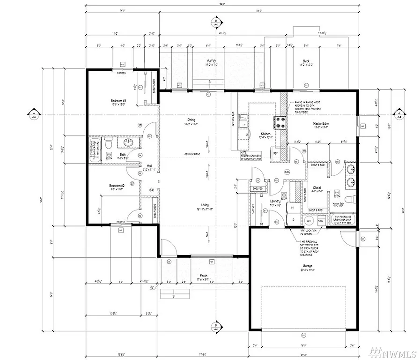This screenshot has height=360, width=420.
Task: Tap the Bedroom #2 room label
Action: click(x=117, y=186)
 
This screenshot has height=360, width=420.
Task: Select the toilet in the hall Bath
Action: click(x=107, y=142)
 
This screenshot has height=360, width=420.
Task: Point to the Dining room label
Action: click(x=189, y=120)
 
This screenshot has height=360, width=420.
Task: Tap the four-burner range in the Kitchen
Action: click(x=280, y=122)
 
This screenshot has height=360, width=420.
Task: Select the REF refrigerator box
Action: click(x=275, y=154)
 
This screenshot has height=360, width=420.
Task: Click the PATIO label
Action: click(x=211, y=61)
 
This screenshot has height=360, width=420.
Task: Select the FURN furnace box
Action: click(x=321, y=221)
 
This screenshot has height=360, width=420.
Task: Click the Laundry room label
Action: click(x=275, y=202)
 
